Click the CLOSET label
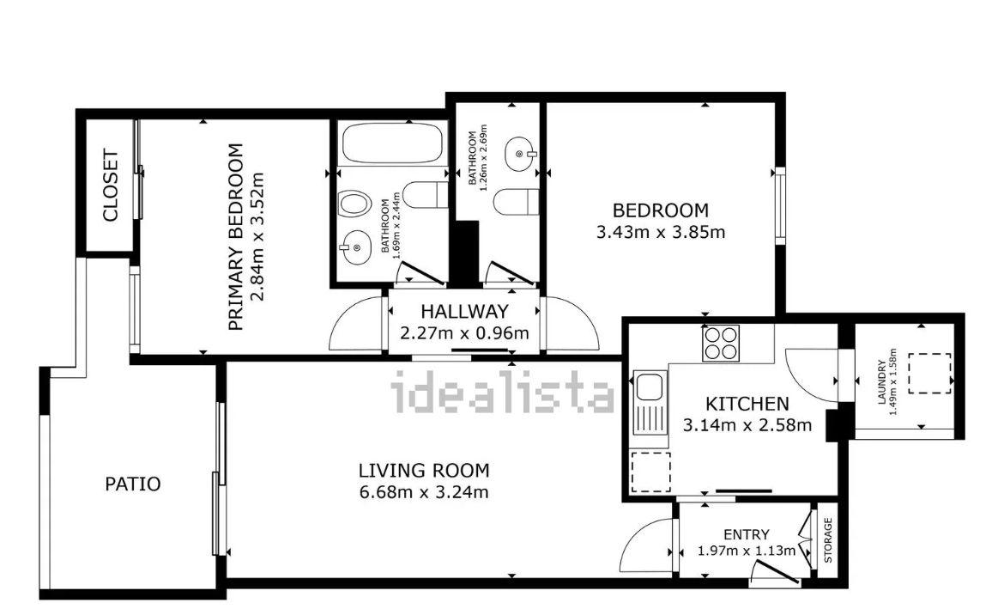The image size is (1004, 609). [110, 186]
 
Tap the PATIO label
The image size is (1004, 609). [132, 484]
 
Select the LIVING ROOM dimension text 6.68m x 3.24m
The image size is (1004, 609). [423, 492]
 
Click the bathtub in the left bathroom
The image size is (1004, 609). [392, 143]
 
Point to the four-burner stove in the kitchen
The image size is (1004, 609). [721, 343]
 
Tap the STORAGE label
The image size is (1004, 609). [828, 539]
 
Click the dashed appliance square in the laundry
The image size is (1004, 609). [929, 374]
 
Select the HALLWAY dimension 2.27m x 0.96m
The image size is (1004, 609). [464, 333]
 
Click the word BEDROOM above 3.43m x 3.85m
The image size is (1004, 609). [660, 210]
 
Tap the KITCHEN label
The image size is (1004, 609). [747, 404]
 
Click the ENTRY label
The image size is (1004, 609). [746, 534]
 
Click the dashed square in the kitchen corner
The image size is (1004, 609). [650, 472]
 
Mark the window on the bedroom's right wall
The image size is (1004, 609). [780, 205]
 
